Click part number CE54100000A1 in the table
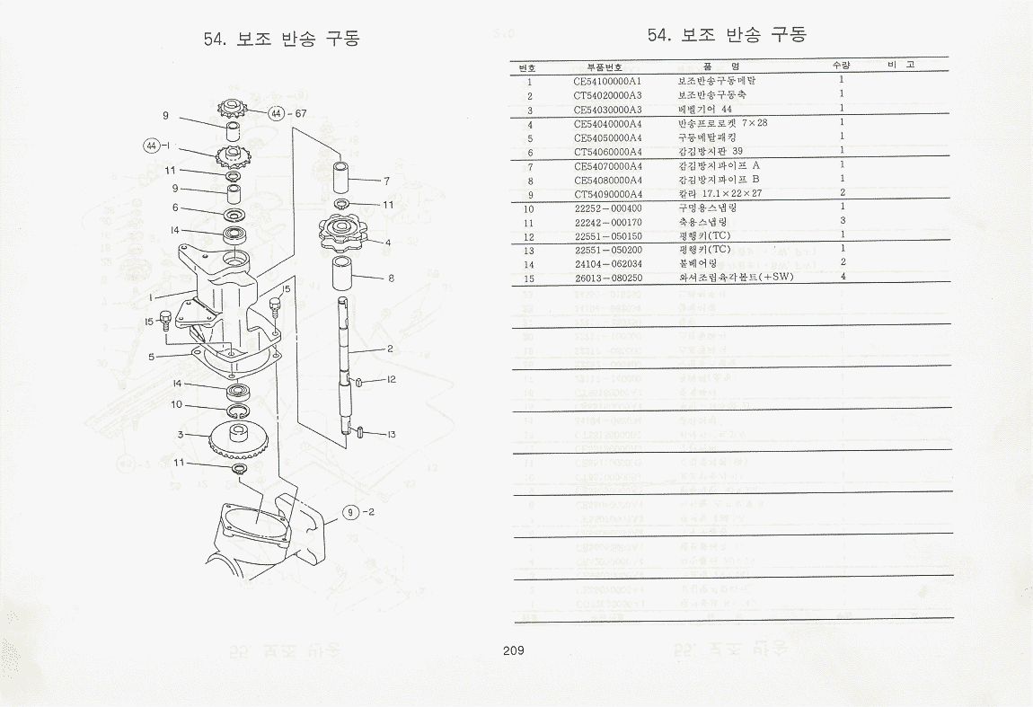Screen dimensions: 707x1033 click(x=608, y=81)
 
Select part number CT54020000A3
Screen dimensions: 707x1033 click(x=608, y=95)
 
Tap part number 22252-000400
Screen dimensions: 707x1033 click(x=608, y=208)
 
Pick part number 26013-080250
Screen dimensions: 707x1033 click(x=608, y=278)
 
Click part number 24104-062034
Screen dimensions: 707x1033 click(x=608, y=263)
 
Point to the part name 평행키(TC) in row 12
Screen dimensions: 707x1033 click(x=704, y=235)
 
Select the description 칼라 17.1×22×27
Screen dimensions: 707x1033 click(x=720, y=193)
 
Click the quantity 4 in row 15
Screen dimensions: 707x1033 click(x=842, y=277)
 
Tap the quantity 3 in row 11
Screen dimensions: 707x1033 click(x=842, y=221)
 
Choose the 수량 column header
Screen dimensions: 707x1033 click(x=842, y=66)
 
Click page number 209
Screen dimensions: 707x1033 click(x=515, y=650)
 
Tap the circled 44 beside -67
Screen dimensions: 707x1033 click(x=276, y=113)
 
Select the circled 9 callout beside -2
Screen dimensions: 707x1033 click(x=349, y=513)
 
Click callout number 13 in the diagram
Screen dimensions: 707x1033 click(x=392, y=435)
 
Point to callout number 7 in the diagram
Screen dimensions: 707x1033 click(x=386, y=181)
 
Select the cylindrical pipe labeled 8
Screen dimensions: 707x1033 click(x=342, y=273)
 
